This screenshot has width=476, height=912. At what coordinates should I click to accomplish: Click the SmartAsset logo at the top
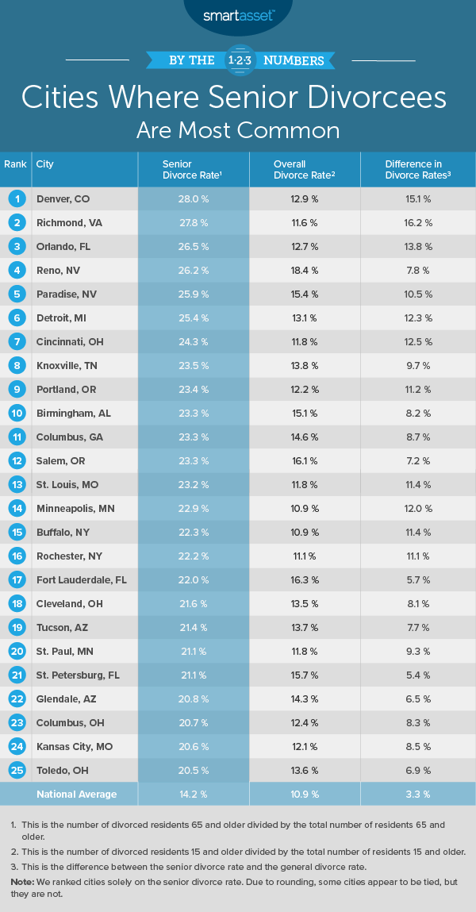tap(238, 13)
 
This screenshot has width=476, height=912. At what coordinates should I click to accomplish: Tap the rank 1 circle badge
tap(14, 198)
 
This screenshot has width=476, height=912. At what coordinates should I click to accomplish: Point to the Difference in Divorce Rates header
tap(418, 169)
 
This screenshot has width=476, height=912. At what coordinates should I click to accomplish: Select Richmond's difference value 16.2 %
tap(418, 222)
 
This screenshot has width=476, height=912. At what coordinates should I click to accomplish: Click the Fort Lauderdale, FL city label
tap(82, 579)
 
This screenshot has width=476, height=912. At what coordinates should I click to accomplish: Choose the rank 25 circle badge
tap(14, 770)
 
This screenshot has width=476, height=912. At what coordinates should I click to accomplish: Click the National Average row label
tap(76, 794)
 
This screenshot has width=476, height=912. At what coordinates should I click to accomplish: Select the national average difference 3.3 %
tap(418, 794)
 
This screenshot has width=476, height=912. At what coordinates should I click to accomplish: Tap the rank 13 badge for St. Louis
tap(14, 484)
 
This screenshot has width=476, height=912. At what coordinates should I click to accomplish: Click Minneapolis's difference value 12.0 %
tap(418, 508)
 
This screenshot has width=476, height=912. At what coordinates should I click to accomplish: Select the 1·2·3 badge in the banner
tap(238, 60)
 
